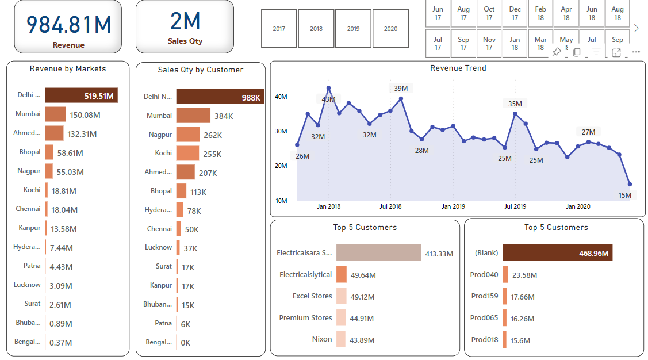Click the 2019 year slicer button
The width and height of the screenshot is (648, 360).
[x=353, y=29]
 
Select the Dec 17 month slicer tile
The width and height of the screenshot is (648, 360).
[x=515, y=13]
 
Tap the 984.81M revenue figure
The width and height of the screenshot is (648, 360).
[x=68, y=25]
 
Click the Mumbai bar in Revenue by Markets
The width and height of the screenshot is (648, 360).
[x=55, y=114]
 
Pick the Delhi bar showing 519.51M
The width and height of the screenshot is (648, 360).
[x=81, y=95]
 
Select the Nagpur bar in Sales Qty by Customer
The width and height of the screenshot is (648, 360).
[x=188, y=135]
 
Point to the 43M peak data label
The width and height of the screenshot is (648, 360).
[x=328, y=99]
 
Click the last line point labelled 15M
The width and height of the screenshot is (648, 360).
[x=630, y=185]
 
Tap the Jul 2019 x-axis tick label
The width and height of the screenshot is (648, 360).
[x=515, y=206]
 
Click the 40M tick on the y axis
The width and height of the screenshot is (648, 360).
[x=281, y=97]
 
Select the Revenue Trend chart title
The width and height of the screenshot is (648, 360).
[x=458, y=68]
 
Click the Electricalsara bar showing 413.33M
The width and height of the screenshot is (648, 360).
[x=378, y=253]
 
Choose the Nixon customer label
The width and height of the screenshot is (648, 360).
[x=321, y=339]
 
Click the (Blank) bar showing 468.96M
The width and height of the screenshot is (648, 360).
[x=557, y=253]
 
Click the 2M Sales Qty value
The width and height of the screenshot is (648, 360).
[x=185, y=22]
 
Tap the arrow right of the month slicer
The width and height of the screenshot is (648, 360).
[x=636, y=28]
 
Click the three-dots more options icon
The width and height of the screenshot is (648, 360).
[x=635, y=52]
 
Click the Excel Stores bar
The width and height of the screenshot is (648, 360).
[x=341, y=296]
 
